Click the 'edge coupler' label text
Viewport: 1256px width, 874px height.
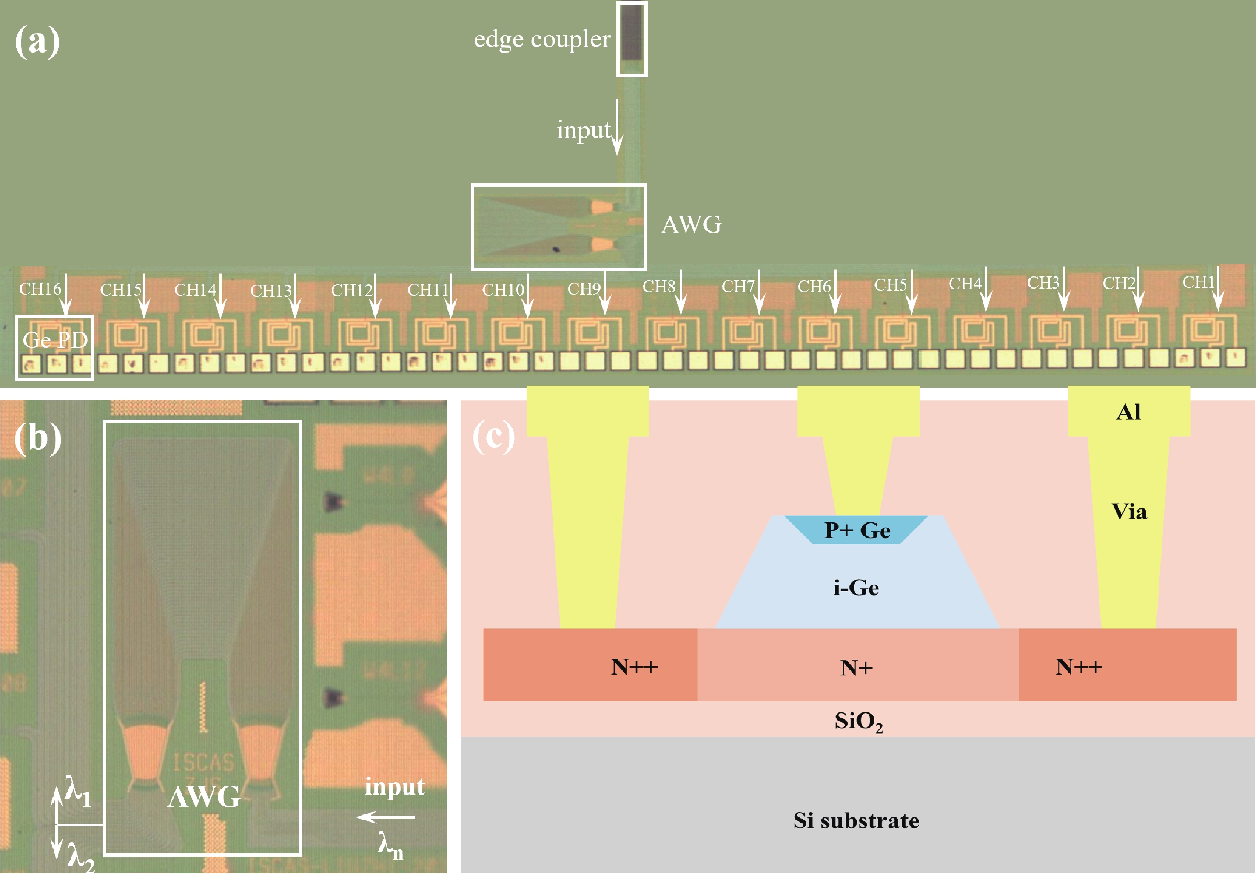coord(541,40)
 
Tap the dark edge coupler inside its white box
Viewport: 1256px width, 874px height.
coord(632,33)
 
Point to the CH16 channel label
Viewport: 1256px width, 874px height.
coord(40,289)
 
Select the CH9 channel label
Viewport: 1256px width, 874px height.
coord(584,289)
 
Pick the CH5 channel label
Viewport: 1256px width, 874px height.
coord(890,285)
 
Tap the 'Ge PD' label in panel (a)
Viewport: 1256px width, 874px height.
coord(55,341)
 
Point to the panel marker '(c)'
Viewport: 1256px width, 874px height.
coord(493,437)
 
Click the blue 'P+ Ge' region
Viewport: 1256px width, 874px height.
coord(857,530)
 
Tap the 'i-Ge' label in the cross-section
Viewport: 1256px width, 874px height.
coord(856,588)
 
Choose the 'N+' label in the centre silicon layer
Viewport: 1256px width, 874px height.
coord(856,667)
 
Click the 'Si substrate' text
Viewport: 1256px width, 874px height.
coord(856,820)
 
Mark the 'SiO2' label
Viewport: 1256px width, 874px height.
coord(858,721)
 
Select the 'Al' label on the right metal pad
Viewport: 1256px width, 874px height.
coord(1128,411)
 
